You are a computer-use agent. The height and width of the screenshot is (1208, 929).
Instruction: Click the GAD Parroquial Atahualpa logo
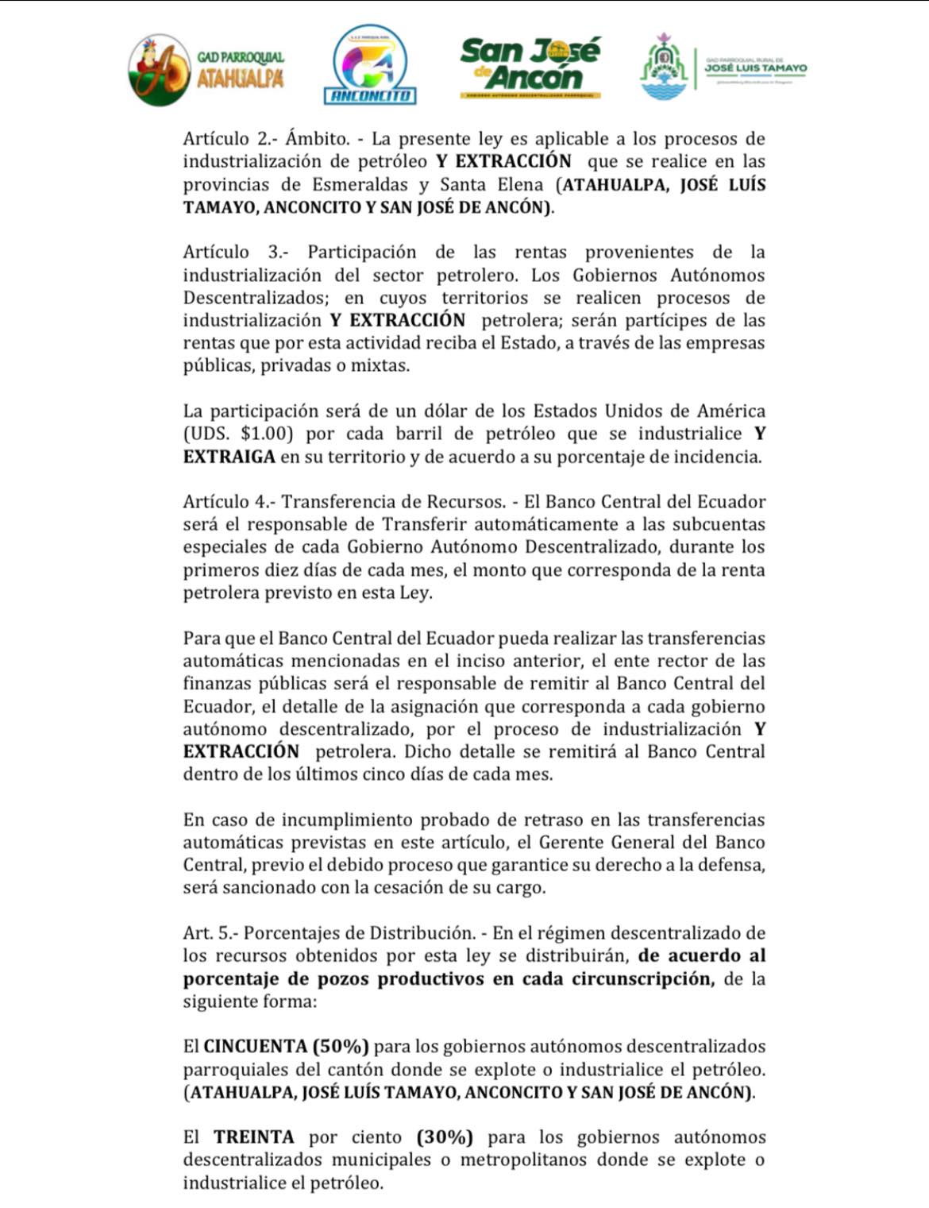coord(205,69)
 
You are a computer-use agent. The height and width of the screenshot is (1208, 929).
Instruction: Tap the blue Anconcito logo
coord(370,65)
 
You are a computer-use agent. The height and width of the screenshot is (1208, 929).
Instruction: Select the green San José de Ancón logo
coord(530,68)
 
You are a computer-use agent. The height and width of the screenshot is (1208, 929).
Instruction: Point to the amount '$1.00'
coord(267,434)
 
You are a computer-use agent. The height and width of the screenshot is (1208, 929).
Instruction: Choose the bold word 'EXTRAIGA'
coord(229,457)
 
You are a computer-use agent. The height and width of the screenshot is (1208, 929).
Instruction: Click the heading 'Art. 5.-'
coord(210,933)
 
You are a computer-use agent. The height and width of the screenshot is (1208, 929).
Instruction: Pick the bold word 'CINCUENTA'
coord(255,1047)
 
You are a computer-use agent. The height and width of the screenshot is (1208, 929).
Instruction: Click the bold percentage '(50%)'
coord(341,1047)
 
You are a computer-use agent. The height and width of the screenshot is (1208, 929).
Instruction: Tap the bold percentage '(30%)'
coord(445,1137)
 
